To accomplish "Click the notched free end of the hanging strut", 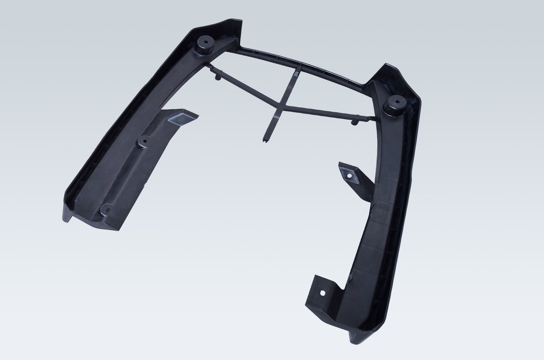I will (x=264, y=139).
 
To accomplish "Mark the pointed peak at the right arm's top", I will (x=387, y=65).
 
